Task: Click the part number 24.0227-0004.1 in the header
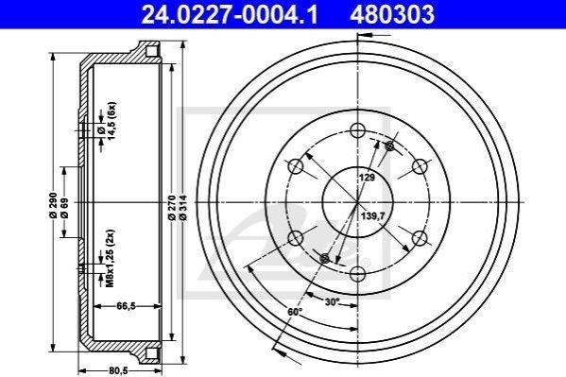click(x=230, y=14)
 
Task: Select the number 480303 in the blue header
click(x=392, y=14)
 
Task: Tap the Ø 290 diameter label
click(x=53, y=205)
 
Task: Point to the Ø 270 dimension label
click(x=172, y=208)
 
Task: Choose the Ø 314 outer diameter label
click(x=182, y=208)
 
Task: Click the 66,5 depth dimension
click(x=126, y=306)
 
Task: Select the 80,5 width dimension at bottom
click(x=118, y=371)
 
